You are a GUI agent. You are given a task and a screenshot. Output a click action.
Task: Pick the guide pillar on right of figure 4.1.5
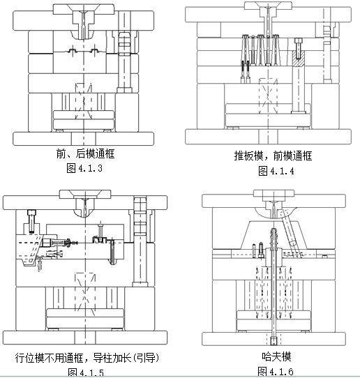[x=142, y=237]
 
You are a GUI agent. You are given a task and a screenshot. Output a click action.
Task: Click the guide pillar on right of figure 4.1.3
[x=125, y=63]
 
